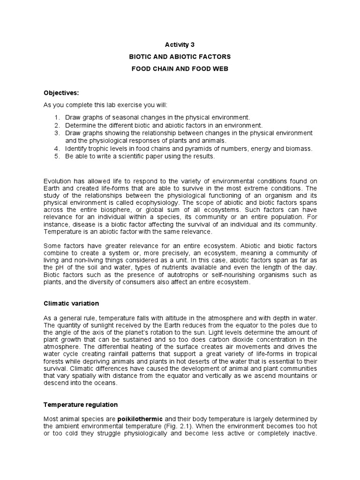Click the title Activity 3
(x=180, y=45)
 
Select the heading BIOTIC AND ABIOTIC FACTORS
(x=180, y=56)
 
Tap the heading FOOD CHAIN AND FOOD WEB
(x=180, y=68)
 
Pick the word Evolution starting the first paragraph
(x=57, y=181)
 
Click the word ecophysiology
(x=159, y=202)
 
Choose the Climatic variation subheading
(x=71, y=303)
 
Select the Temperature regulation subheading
(x=81, y=405)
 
